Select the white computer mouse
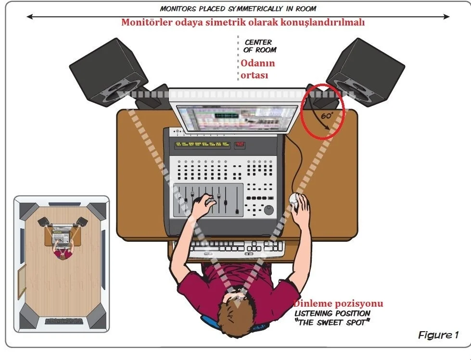(294, 200)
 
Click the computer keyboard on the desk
(237, 247)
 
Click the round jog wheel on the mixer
(268, 210)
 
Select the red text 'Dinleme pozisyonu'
(338, 304)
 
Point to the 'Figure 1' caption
(438, 335)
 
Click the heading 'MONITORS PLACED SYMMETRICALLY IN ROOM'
(239, 8)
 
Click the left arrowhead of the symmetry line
(30, 17)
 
